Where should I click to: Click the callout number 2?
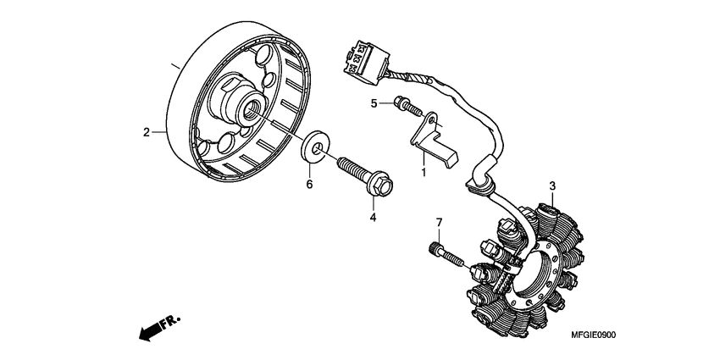click(x=146, y=132)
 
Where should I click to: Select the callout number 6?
click(x=309, y=184)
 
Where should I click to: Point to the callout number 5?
click(x=374, y=104)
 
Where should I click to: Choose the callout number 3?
click(x=551, y=186)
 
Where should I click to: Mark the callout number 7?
click(x=440, y=223)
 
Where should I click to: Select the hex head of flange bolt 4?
click(x=381, y=183)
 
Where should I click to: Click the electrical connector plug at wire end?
click(x=367, y=56)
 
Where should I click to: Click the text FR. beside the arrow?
click(x=171, y=320)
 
